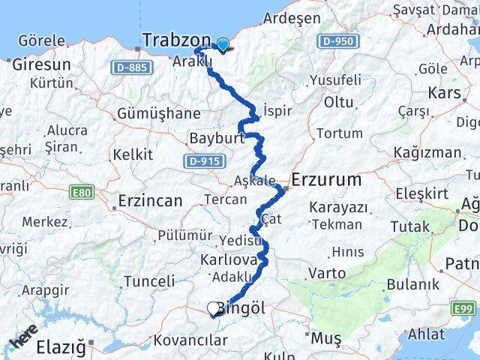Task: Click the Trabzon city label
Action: [176, 40]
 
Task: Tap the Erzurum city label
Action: [325, 181]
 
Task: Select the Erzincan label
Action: [150, 201]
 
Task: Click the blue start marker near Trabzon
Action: [222, 43]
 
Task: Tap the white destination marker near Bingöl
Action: [214, 307]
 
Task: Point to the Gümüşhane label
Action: [158, 114]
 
